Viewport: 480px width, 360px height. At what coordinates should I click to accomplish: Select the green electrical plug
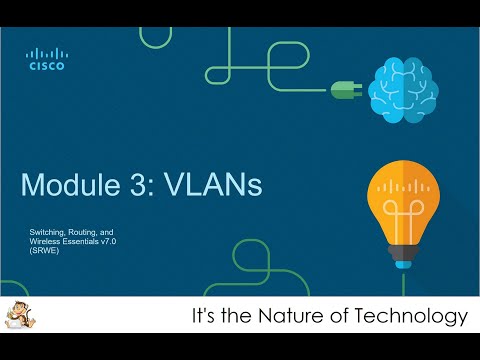click(x=344, y=89)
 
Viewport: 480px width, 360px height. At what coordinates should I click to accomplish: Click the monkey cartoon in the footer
click(x=21, y=316)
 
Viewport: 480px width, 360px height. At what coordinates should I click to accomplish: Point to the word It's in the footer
click(x=204, y=317)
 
